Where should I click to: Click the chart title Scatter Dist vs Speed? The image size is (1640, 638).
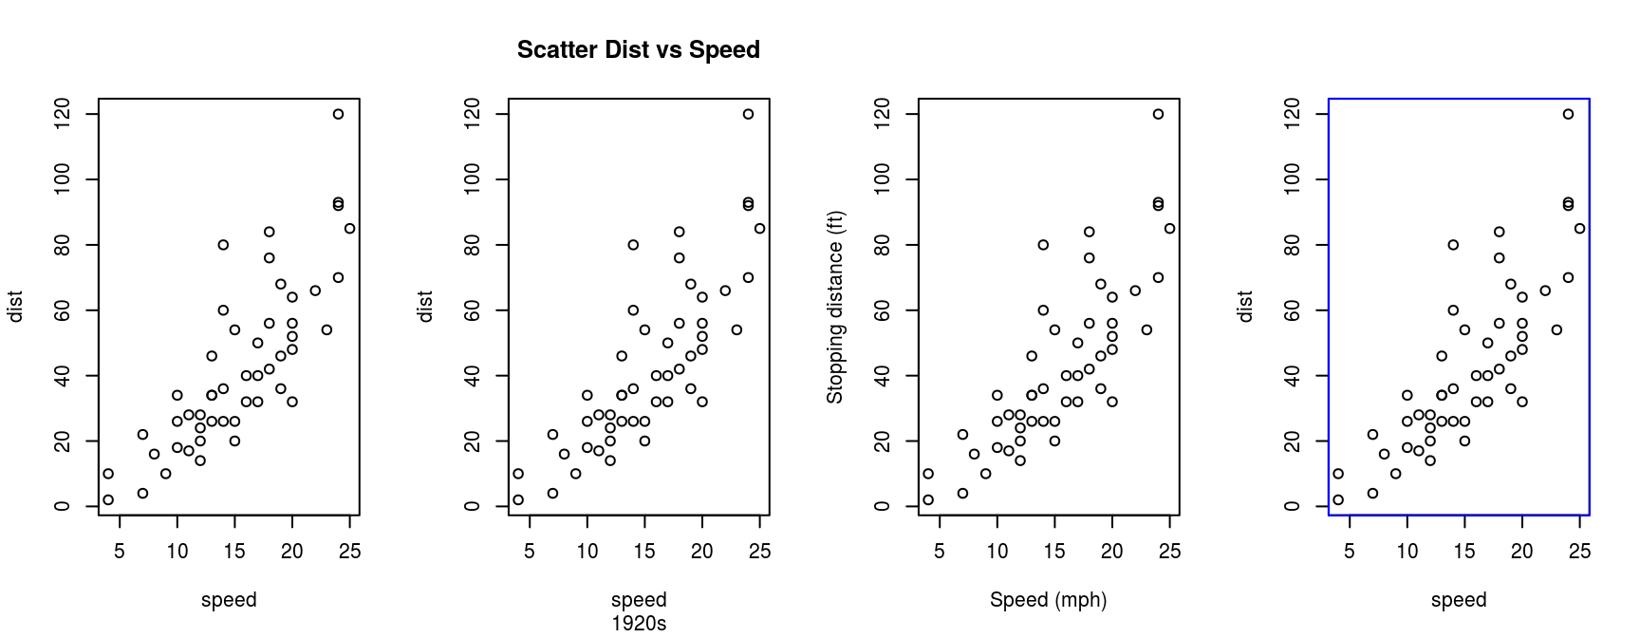pyautogui.click(x=638, y=50)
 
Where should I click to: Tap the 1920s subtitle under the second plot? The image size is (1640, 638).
pyautogui.click(x=639, y=624)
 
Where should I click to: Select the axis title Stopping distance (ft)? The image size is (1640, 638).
pyautogui.click(x=835, y=307)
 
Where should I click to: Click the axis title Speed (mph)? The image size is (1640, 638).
pyautogui.click(x=1048, y=600)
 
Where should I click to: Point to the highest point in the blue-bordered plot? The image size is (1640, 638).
pyautogui.click(x=1568, y=114)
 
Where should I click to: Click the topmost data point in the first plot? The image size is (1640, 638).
pyautogui.click(x=338, y=114)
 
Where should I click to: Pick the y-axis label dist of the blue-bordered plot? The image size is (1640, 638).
pyautogui.click(x=1245, y=307)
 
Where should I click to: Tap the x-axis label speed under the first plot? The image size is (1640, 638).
pyautogui.click(x=229, y=600)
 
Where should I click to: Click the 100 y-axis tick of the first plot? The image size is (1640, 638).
pyautogui.click(x=63, y=179)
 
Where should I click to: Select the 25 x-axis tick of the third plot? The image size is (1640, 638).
pyautogui.click(x=1170, y=552)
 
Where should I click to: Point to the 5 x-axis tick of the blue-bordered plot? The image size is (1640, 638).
pyautogui.click(x=1350, y=552)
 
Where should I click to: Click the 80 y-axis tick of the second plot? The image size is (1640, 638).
pyautogui.click(x=473, y=245)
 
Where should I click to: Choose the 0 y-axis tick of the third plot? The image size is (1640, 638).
pyautogui.click(x=883, y=506)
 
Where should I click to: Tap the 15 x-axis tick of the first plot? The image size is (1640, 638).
pyautogui.click(x=234, y=552)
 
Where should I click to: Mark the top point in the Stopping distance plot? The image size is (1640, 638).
pyautogui.click(x=1158, y=114)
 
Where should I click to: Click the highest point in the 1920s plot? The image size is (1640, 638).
pyautogui.click(x=748, y=114)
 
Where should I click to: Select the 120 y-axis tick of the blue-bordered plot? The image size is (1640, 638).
pyautogui.click(x=1293, y=114)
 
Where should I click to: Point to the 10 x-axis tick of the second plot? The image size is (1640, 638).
pyautogui.click(x=587, y=552)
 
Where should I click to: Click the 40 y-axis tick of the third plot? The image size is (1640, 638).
pyautogui.click(x=883, y=376)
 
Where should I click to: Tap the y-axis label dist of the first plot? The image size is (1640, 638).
pyautogui.click(x=15, y=307)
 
